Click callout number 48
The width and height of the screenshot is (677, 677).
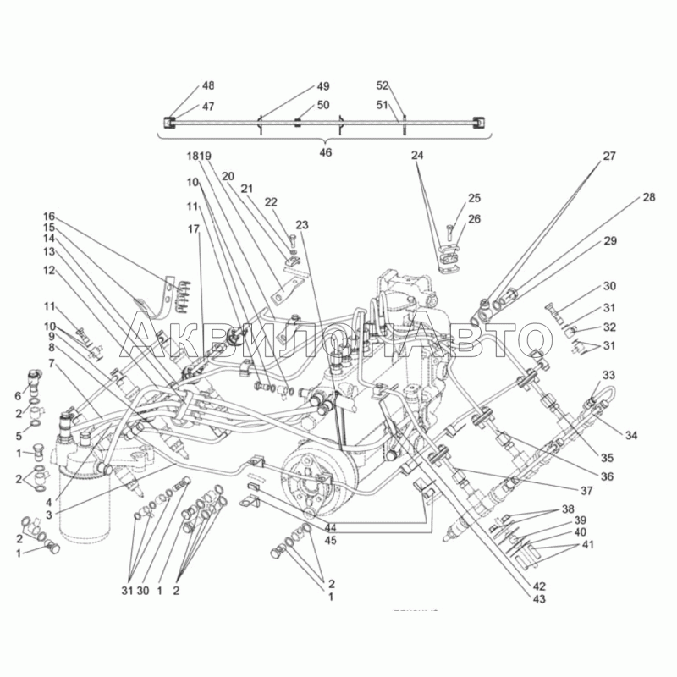point(208,86)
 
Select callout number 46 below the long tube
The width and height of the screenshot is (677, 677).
point(325,152)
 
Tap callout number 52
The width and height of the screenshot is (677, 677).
point(383,86)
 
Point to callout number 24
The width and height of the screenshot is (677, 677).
point(416,156)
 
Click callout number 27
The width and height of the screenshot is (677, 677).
point(609,157)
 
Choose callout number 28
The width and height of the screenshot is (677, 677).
point(648,197)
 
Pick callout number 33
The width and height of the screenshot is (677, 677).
point(609,375)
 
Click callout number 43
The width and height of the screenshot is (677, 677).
point(539,599)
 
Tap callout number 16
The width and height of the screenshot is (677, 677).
point(49,216)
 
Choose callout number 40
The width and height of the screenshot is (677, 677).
point(581,532)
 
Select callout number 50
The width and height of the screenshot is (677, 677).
point(323,105)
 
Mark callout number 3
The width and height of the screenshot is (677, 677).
point(49,514)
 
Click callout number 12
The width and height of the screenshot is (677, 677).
point(49,270)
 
